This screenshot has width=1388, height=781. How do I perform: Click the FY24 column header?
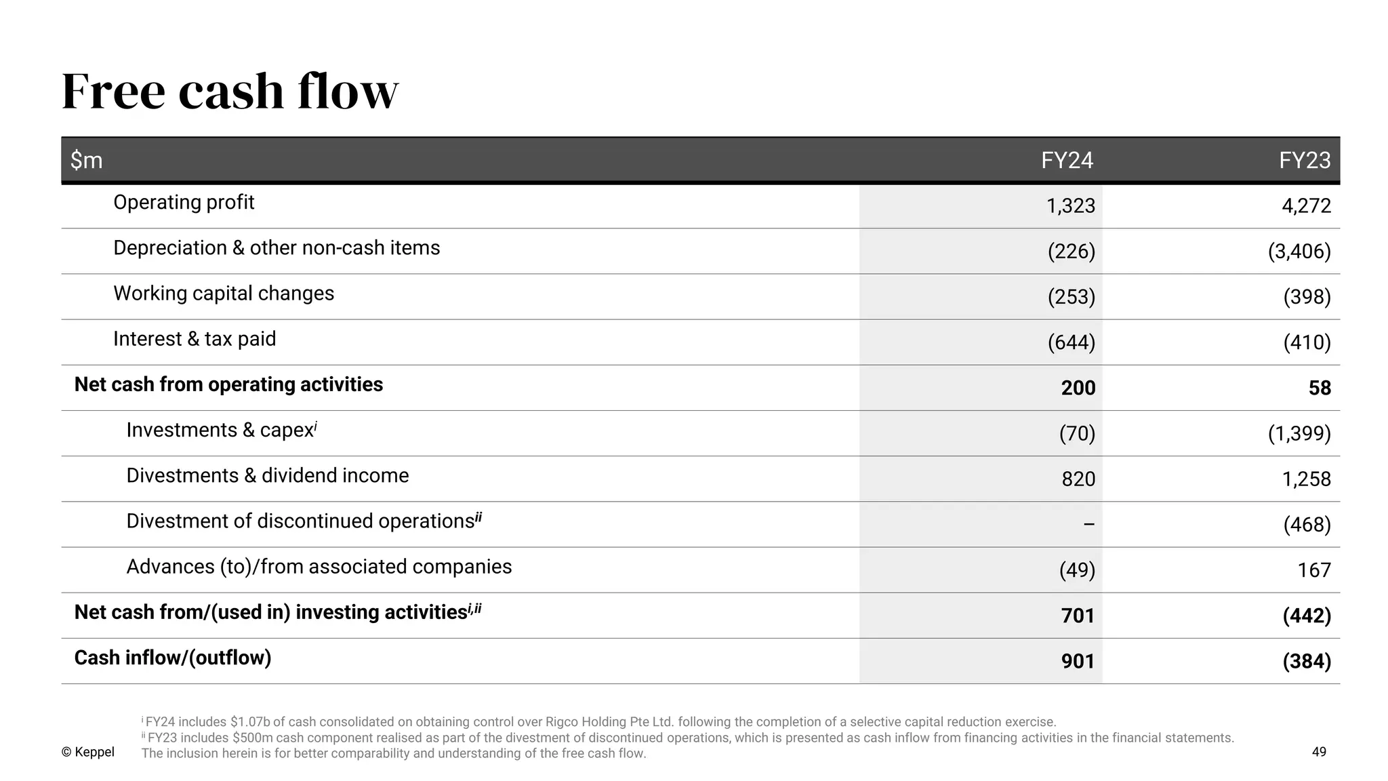pos(1067,160)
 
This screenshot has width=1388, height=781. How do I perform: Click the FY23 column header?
pos(1305,160)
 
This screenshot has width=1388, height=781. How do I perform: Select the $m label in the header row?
pos(86,161)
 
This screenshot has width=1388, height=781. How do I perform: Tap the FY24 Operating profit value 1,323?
pos(1071,206)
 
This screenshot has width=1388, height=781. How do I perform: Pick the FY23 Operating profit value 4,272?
pos(1306,206)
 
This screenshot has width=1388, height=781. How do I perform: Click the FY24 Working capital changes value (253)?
pos(1071,297)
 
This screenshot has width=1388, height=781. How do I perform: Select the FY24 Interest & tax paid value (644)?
pos(1071,342)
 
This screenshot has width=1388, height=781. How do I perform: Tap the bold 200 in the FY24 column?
pos(1078,388)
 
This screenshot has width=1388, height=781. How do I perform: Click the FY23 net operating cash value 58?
pos(1320,388)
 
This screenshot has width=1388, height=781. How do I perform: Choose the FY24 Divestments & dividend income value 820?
pos(1078,479)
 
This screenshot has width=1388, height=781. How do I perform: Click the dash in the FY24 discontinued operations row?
pos(1088,525)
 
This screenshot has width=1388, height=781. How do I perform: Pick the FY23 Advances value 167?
pos(1314,570)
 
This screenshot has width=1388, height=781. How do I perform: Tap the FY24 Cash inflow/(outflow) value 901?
pos(1078,661)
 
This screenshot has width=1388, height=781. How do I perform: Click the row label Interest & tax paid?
pos(195,339)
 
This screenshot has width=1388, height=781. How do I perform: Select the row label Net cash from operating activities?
pos(228,384)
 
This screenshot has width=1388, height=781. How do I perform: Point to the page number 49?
pos(1319,752)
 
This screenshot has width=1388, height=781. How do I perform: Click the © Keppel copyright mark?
pos(88,752)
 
